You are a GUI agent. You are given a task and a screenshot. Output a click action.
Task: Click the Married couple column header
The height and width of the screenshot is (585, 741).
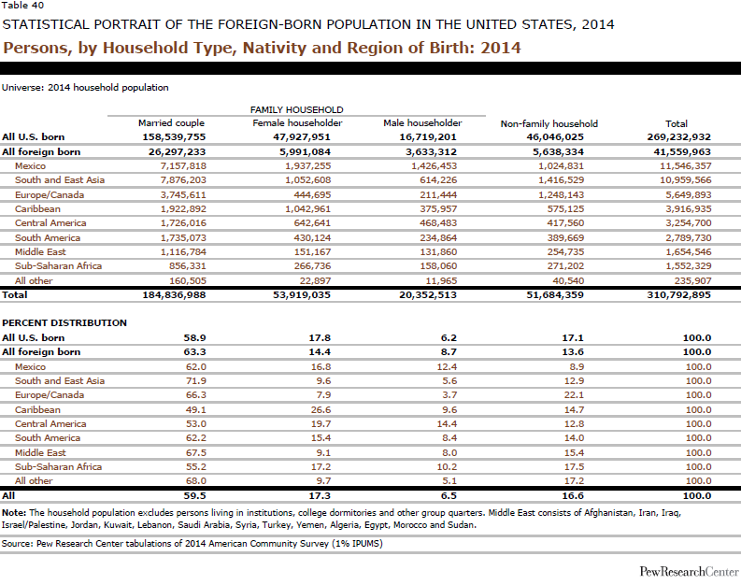[171, 123]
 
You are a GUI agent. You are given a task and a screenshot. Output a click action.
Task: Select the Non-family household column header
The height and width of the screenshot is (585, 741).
[549, 123]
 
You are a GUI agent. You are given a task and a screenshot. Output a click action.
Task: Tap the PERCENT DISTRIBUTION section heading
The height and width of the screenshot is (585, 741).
[64, 323]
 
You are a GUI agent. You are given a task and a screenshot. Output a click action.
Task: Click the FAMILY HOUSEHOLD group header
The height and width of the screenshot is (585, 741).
[296, 109]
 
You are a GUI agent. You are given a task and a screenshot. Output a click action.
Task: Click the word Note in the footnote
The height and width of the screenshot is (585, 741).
[13, 513]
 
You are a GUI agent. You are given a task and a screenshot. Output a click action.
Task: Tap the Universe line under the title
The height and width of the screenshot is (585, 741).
[85, 87]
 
